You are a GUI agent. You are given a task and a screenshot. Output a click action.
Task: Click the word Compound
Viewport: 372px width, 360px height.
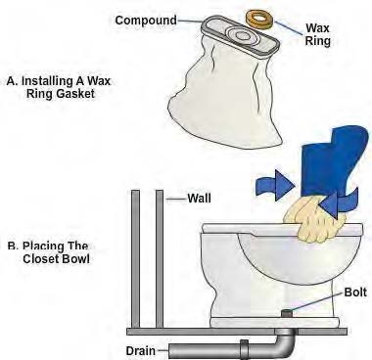click(146, 21)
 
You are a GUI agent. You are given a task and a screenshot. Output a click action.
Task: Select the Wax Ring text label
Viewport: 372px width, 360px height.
click(317, 34)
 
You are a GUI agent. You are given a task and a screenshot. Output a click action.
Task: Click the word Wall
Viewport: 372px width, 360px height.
click(199, 199)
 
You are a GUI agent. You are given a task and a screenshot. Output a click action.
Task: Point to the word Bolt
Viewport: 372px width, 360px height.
click(355, 292)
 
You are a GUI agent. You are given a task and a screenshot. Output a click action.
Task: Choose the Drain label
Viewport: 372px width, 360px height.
click(141, 351)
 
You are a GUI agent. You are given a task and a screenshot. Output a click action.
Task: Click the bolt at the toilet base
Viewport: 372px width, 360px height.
click(288, 313)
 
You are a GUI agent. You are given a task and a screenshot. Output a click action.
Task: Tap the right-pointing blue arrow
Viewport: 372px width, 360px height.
click(275, 185)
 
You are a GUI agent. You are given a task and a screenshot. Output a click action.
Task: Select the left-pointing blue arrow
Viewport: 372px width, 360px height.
click(338, 203)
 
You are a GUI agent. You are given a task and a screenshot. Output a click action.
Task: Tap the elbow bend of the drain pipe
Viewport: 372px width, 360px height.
click(285, 344)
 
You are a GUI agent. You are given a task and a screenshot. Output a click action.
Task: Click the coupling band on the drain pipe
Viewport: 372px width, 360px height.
click(244, 350)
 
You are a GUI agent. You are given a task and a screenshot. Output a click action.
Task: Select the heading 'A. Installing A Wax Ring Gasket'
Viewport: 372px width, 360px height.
click(59, 87)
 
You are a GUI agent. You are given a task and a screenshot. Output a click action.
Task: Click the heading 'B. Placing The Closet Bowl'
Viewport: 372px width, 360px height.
click(48, 252)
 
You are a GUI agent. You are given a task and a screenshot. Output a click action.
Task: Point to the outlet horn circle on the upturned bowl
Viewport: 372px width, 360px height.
click(242, 34)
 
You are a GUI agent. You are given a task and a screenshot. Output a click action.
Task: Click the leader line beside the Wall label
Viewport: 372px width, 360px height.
click(175, 199)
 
